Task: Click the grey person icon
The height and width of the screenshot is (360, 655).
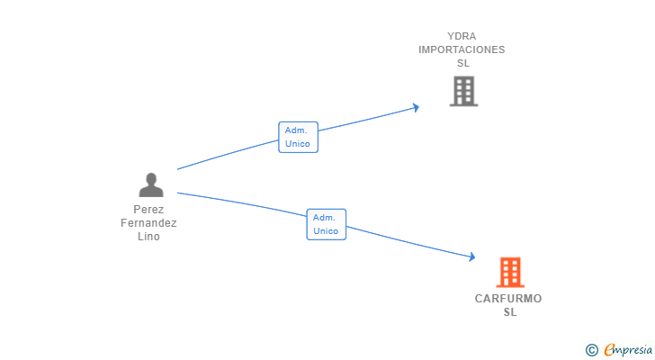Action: click(x=151, y=185)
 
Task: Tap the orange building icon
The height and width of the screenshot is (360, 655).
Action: click(x=510, y=273)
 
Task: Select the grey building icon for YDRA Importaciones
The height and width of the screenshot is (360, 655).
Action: click(x=463, y=91)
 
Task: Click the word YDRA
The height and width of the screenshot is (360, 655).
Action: click(x=462, y=36)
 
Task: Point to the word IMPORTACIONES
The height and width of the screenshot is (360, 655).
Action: click(x=462, y=49)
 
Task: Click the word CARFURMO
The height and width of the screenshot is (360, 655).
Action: click(x=508, y=299)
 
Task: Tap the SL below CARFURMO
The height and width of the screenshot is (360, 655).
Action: click(x=510, y=312)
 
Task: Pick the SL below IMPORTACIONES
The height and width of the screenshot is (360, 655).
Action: click(x=463, y=63)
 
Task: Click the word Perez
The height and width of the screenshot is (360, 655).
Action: click(x=148, y=209)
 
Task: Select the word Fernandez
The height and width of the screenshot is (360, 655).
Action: click(x=148, y=223)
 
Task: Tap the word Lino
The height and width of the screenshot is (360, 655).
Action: click(x=148, y=237)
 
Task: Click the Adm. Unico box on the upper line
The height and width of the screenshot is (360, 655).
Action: click(x=299, y=138)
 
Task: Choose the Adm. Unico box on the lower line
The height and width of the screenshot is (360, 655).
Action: click(x=327, y=224)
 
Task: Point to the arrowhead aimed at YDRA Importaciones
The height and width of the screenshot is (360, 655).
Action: click(x=416, y=108)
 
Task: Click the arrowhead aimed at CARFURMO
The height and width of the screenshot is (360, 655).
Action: click(x=472, y=256)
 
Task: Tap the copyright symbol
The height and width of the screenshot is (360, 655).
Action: click(x=591, y=350)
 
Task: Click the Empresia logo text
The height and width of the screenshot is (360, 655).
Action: click(x=628, y=350)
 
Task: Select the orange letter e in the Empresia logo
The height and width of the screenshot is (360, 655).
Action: click(x=610, y=349)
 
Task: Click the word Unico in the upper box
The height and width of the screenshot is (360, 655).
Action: click(x=298, y=144)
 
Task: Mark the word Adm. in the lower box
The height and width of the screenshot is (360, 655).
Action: click(x=324, y=218)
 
